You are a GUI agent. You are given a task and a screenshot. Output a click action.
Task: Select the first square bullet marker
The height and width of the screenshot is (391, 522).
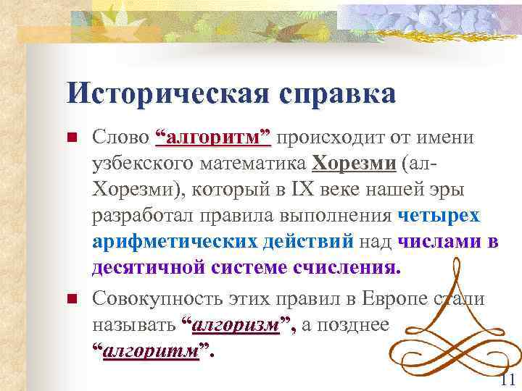point(71,138)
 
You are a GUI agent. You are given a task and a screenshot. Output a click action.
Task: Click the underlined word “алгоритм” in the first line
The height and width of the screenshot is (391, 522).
point(214,138)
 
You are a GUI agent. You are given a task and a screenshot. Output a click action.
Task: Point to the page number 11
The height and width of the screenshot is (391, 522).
point(507,379)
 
